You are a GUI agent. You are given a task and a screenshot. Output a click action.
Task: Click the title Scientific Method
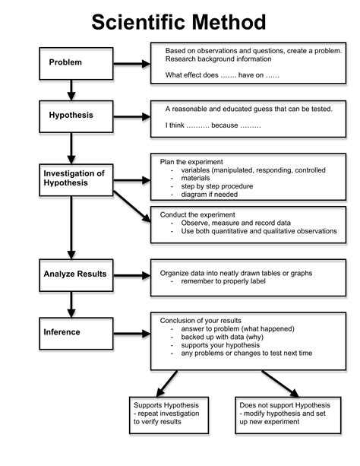179,21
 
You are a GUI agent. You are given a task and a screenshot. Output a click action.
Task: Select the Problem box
71,62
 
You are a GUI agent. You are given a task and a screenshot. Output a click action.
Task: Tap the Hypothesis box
71,116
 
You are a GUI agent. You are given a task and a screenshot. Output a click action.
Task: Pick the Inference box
71,332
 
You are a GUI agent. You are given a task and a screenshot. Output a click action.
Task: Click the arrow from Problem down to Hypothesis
71,90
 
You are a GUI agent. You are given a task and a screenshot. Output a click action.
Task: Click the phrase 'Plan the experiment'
191,162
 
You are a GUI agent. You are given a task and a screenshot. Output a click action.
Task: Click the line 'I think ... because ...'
213,124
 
